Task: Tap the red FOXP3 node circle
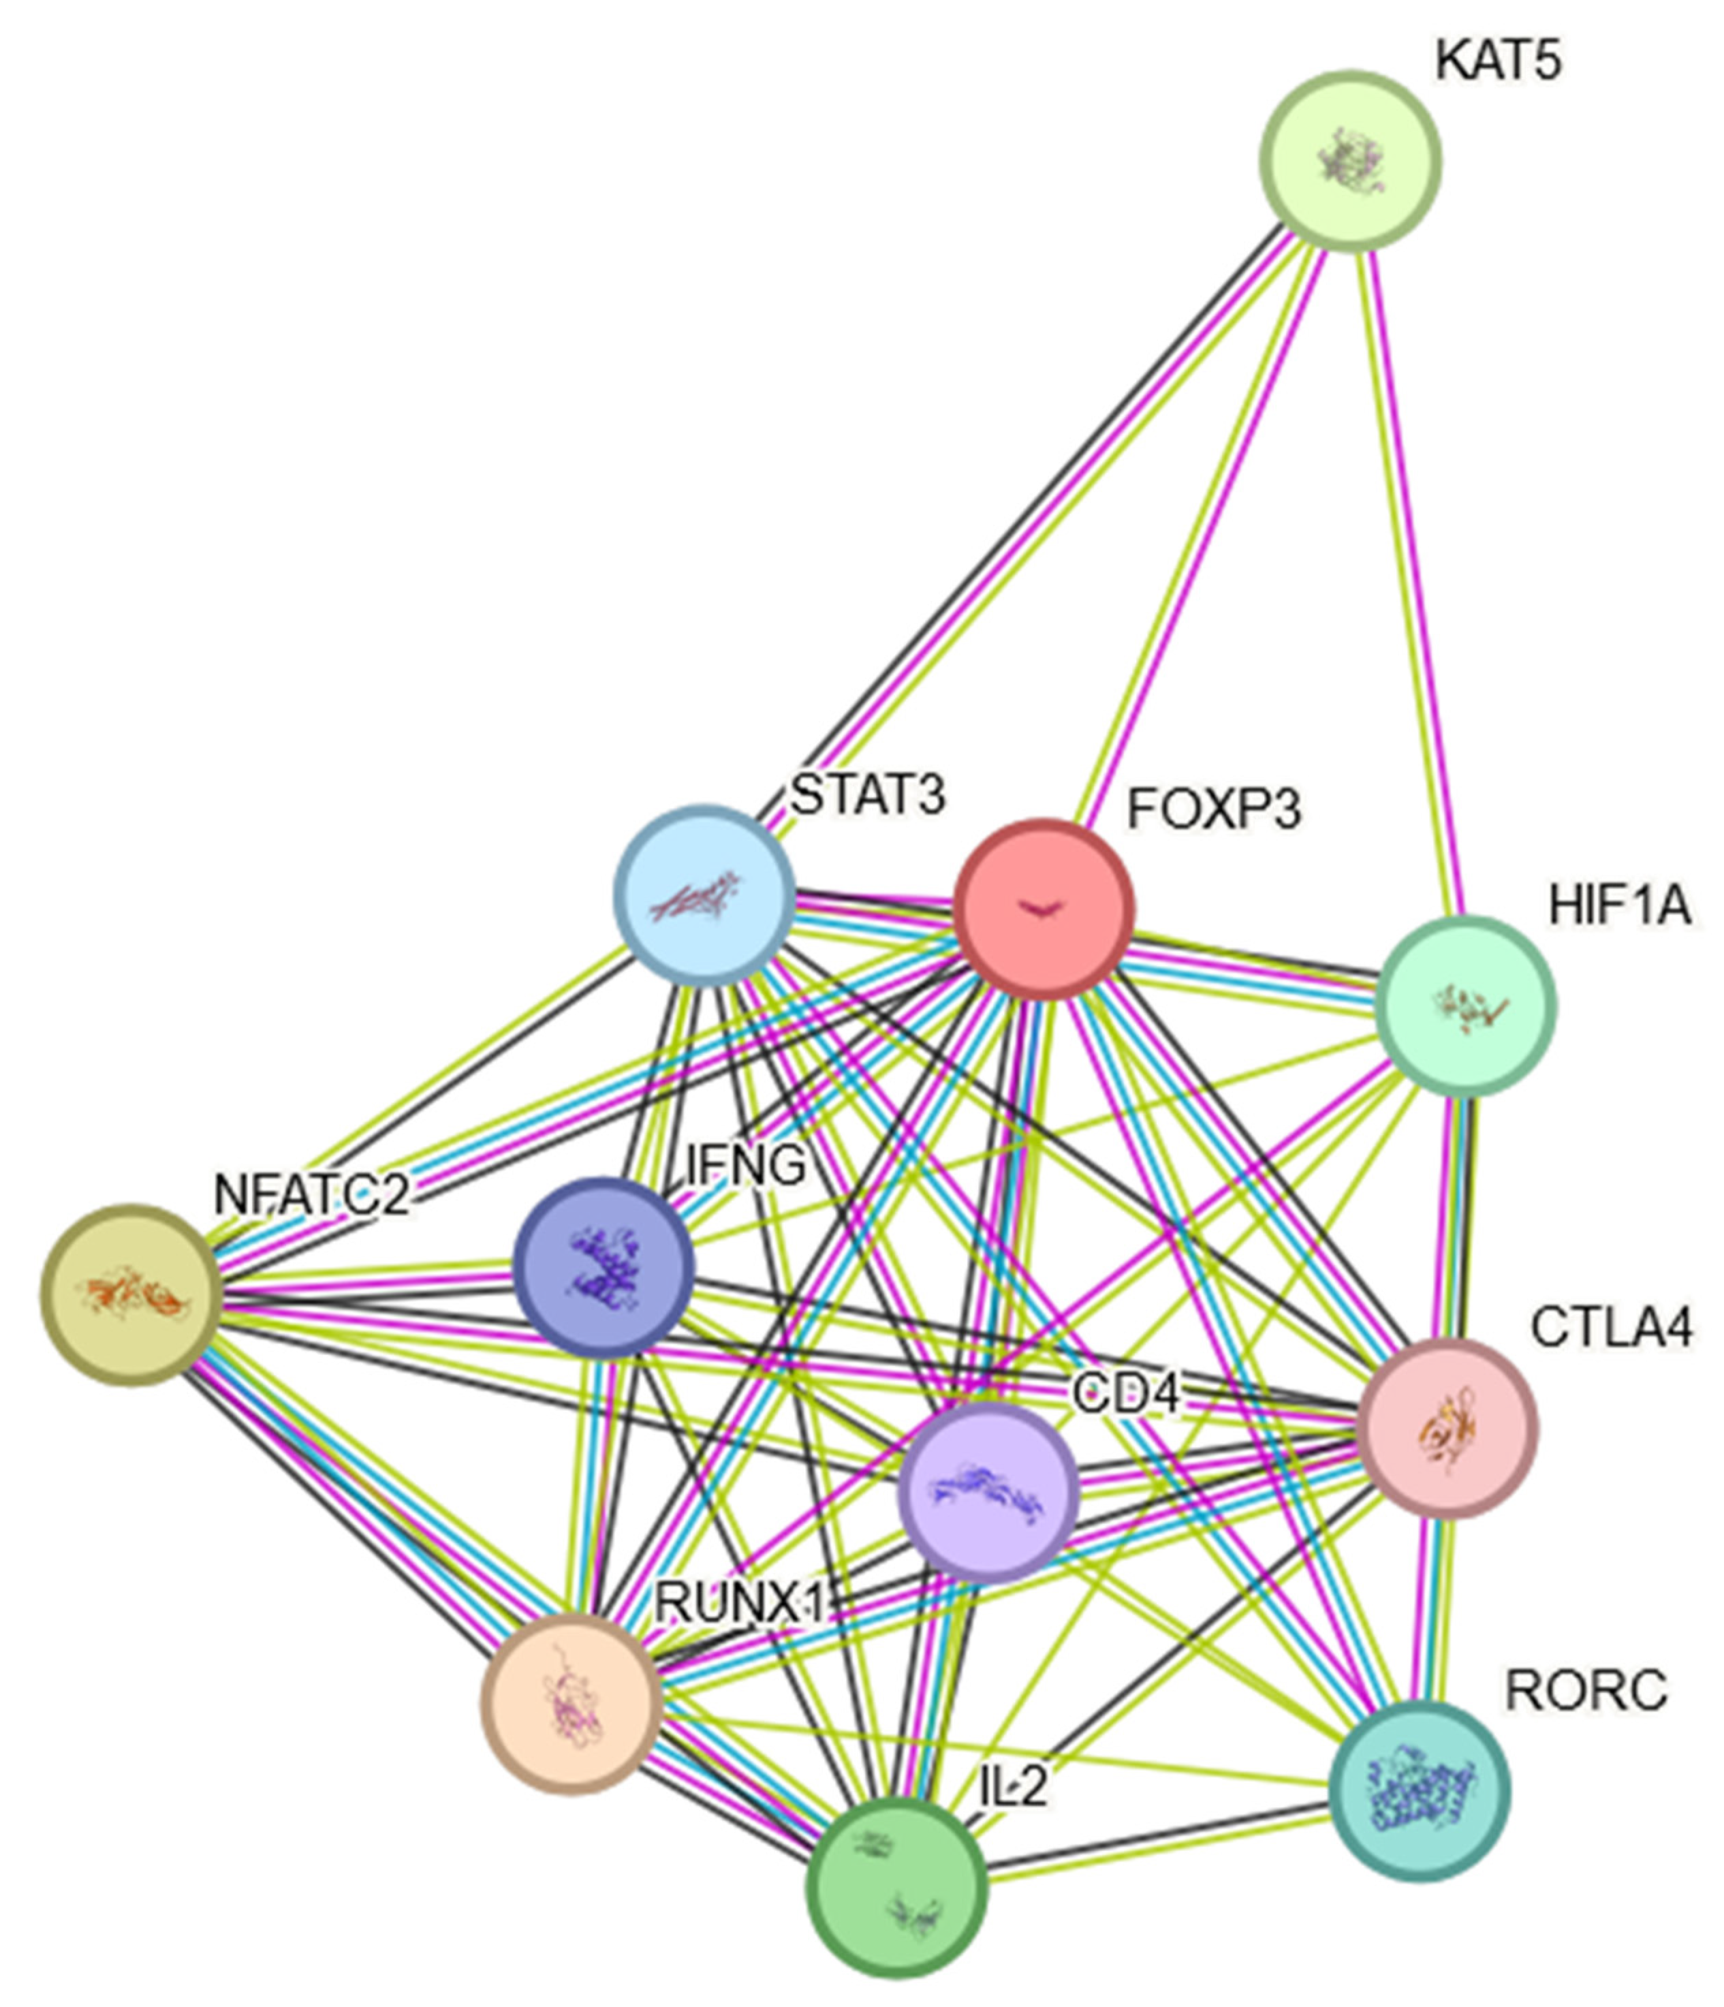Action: tap(1043, 909)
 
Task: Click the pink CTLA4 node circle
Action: tap(1447, 1429)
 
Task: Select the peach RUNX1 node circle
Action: tap(571, 1704)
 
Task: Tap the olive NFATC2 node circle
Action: tap(131, 1295)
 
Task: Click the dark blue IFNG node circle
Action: tap(604, 1267)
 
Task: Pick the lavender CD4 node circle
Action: tap(988, 1493)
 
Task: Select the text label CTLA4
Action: tap(1612, 1327)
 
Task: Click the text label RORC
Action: tap(1586, 1691)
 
